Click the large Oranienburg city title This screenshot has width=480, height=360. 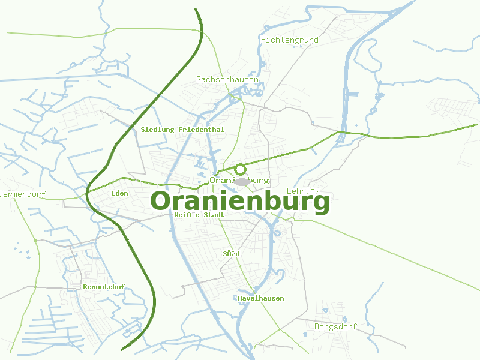[x=240, y=202]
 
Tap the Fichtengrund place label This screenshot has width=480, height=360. [x=289, y=40]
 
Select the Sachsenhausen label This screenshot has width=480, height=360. [x=227, y=79]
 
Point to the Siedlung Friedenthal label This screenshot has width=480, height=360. [x=182, y=129]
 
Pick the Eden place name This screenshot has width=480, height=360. [x=119, y=193]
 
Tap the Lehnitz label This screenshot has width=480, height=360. [x=299, y=191]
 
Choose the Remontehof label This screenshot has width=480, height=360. [x=104, y=287]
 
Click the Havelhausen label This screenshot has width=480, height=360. [x=261, y=298]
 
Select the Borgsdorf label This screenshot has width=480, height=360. [x=335, y=327]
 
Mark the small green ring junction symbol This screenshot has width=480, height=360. [x=240, y=169]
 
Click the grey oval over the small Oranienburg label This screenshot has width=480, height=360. [x=242, y=181]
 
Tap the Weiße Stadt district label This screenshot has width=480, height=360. [x=199, y=215]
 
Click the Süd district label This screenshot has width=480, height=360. [x=232, y=254]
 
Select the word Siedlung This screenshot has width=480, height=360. [x=157, y=129]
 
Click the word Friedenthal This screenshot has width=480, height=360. [x=201, y=129]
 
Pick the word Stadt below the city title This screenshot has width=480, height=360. [x=214, y=215]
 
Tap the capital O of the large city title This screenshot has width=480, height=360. [x=161, y=202]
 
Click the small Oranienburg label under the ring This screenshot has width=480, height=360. [x=240, y=180]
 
